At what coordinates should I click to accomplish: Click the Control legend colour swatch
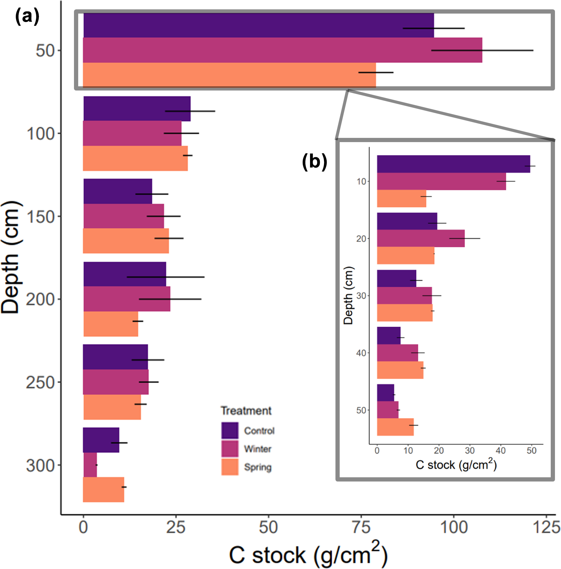(x=230, y=430)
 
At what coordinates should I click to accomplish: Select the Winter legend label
(x=258, y=449)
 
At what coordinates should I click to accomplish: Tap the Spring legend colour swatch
(x=230, y=467)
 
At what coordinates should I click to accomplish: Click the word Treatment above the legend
(x=246, y=411)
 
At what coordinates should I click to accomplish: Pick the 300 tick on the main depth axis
(x=40, y=466)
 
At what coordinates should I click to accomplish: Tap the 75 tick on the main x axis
(x=361, y=527)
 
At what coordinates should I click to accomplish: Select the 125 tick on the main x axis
(x=546, y=527)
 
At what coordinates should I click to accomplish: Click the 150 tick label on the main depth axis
(x=41, y=217)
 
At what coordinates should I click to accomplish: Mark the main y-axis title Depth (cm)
(x=10, y=257)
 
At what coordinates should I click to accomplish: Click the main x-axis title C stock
(x=308, y=555)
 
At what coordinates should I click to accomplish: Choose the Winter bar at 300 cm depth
(x=90, y=465)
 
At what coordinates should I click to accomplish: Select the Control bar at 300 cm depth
(x=101, y=440)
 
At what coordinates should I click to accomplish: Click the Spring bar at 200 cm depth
(x=111, y=324)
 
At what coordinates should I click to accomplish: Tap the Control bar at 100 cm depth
(x=136, y=109)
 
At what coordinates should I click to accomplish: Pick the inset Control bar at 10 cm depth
(x=453, y=164)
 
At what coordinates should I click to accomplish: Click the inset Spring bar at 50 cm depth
(x=395, y=427)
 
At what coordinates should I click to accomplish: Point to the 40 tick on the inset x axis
(x=501, y=451)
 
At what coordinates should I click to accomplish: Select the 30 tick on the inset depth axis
(x=361, y=296)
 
